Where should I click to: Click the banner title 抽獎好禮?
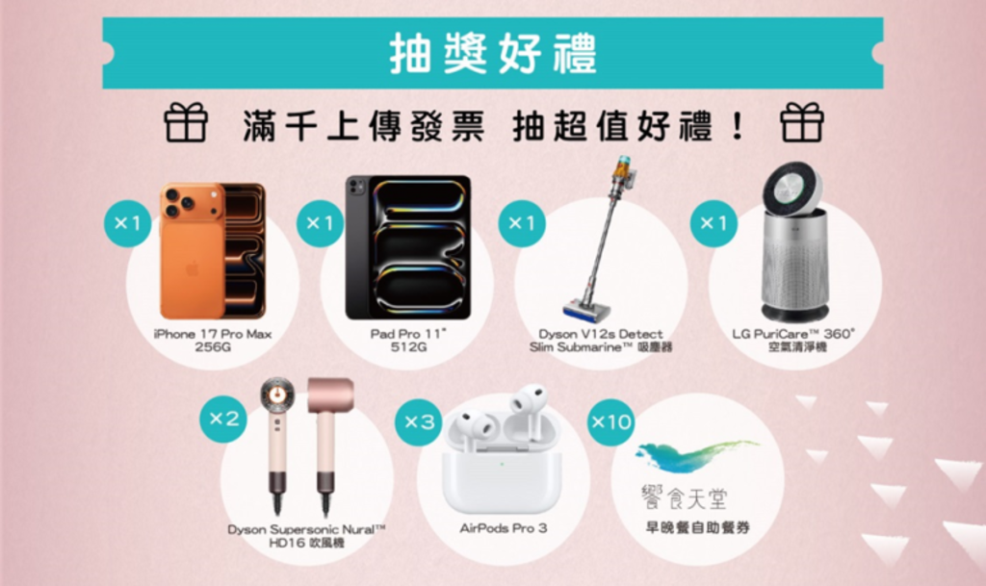[x=492, y=53]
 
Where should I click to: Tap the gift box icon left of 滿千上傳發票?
[x=186, y=124]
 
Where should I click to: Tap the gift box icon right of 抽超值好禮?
[x=801, y=123]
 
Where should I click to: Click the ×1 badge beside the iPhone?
[x=127, y=224]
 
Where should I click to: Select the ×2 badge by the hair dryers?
[x=223, y=419]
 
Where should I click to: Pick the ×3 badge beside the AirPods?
[x=420, y=421]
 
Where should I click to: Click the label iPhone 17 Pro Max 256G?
[x=213, y=341]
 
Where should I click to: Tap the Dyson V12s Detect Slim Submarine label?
[x=601, y=341]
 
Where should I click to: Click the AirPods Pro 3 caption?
[x=503, y=528]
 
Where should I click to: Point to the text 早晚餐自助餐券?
[x=698, y=527]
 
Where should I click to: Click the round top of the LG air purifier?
[x=792, y=189]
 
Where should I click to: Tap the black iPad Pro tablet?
[x=408, y=247]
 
